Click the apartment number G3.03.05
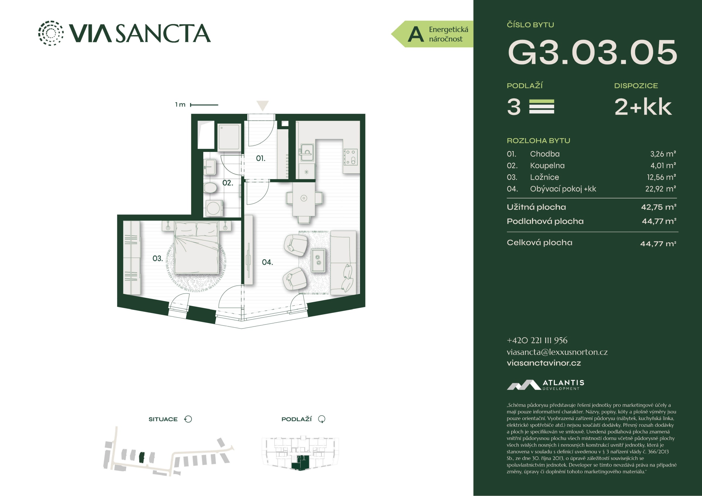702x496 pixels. point(592,52)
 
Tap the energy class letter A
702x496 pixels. point(416,34)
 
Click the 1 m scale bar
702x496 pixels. point(204,105)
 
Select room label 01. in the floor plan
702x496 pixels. point(261,158)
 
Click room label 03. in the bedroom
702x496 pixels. point(157,259)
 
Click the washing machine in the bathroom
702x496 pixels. point(213,208)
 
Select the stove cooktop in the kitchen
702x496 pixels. point(350,157)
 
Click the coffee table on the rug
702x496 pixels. point(318,260)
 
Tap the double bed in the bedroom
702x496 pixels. point(196,248)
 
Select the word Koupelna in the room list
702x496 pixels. point(547,166)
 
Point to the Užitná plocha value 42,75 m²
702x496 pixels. point(659,207)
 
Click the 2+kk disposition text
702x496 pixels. point(643,107)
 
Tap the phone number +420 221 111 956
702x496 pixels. point(537,341)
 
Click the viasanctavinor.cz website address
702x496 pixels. point(544,363)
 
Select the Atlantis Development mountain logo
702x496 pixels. point(524,385)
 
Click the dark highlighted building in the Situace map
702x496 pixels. point(142,457)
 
